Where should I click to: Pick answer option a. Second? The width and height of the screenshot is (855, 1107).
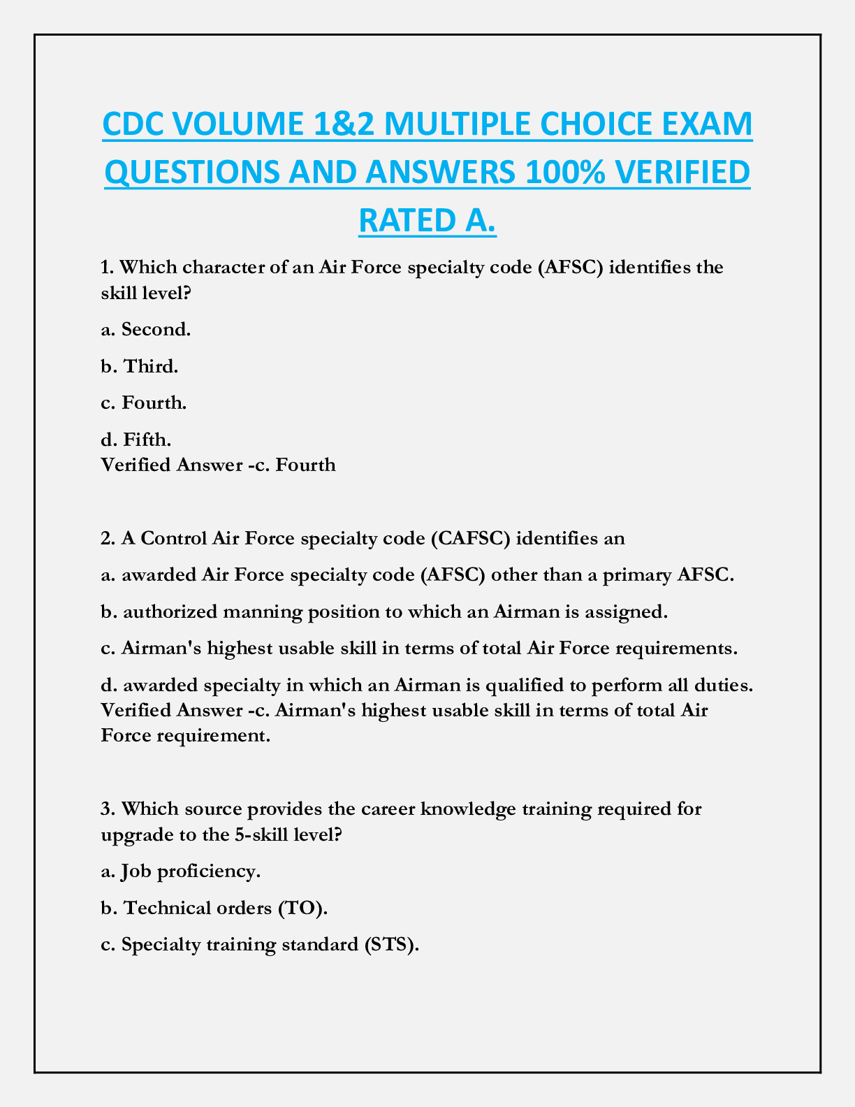coord(145,329)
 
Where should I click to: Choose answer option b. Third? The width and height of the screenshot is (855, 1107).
coord(140,366)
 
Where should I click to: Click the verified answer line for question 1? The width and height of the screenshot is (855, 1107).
coord(218,465)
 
